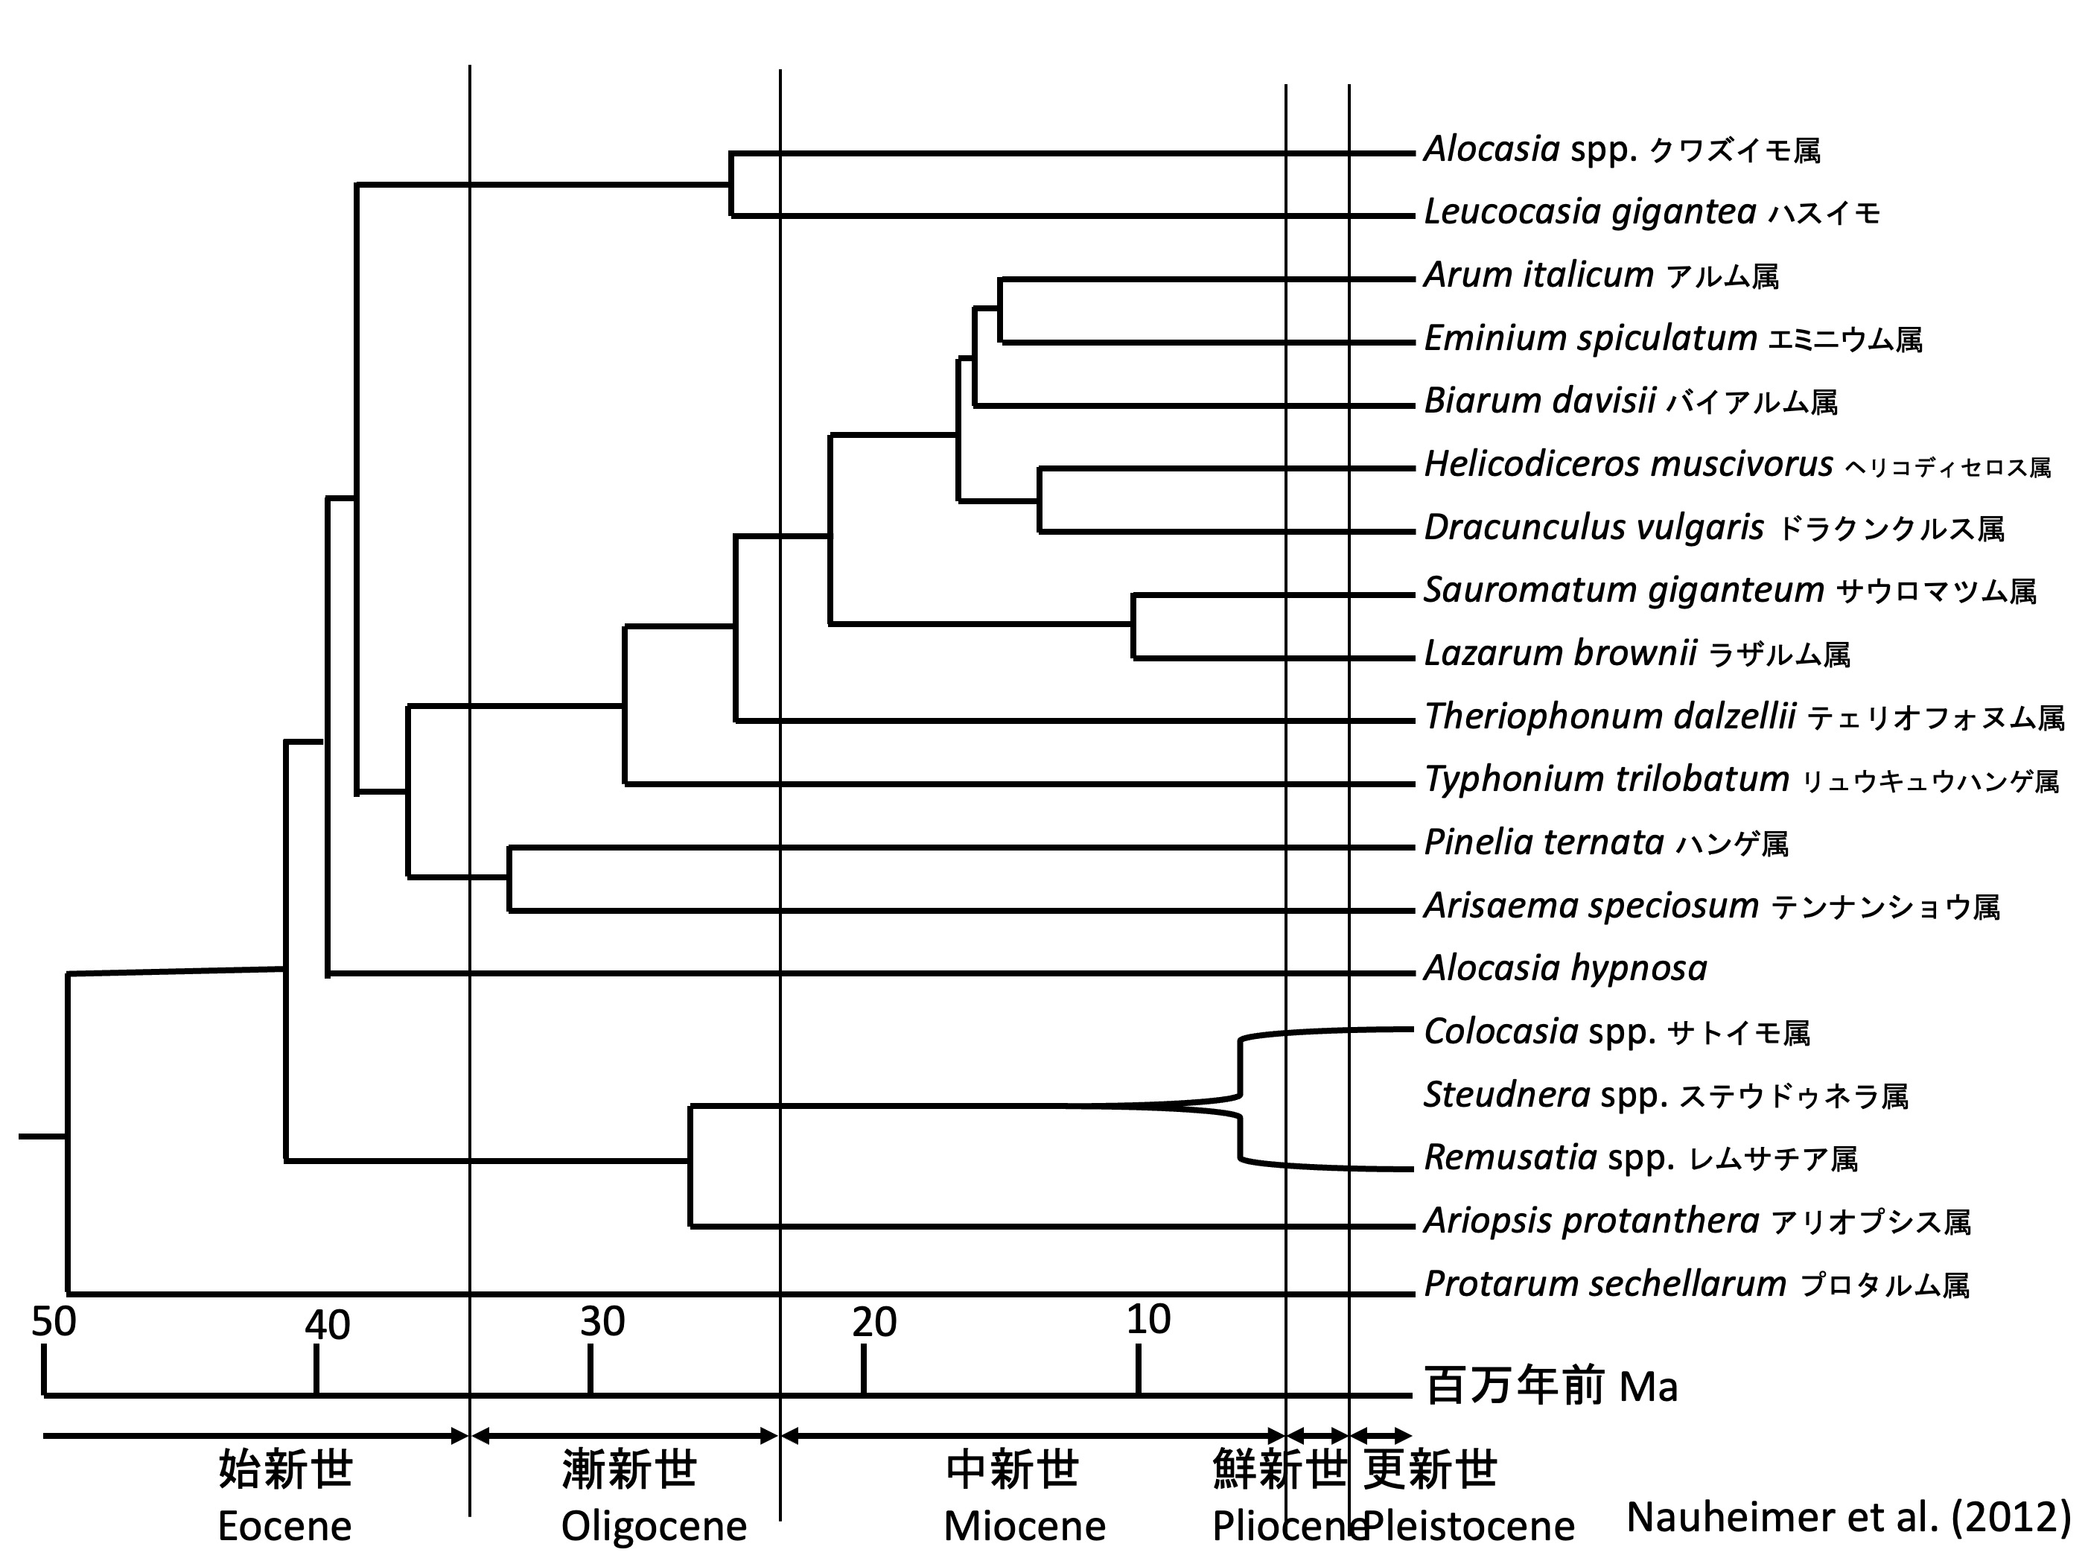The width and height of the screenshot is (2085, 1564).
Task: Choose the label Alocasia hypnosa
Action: point(1564,968)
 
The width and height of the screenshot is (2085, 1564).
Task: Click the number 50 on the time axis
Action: point(54,1322)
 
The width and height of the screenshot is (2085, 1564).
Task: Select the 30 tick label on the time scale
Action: point(602,1322)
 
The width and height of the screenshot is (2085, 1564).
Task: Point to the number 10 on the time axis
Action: point(1148,1320)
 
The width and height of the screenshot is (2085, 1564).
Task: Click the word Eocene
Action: point(284,1525)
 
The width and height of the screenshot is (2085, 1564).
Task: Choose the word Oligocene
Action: point(653,1525)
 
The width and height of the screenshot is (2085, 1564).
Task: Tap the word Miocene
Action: point(1025,1525)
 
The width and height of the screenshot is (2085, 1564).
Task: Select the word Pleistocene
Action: point(1468,1525)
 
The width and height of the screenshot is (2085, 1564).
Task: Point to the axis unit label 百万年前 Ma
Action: point(1550,1387)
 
